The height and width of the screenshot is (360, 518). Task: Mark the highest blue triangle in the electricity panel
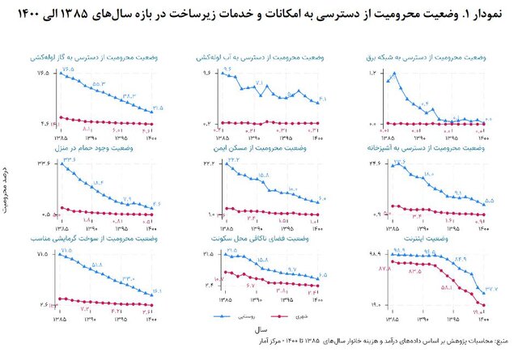coord(394,74)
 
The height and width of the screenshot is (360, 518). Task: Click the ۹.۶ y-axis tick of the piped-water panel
coord(206,74)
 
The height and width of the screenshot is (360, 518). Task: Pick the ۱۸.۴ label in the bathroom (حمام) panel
coord(99,183)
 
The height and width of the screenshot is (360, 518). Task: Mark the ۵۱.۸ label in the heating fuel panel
coord(96,265)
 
